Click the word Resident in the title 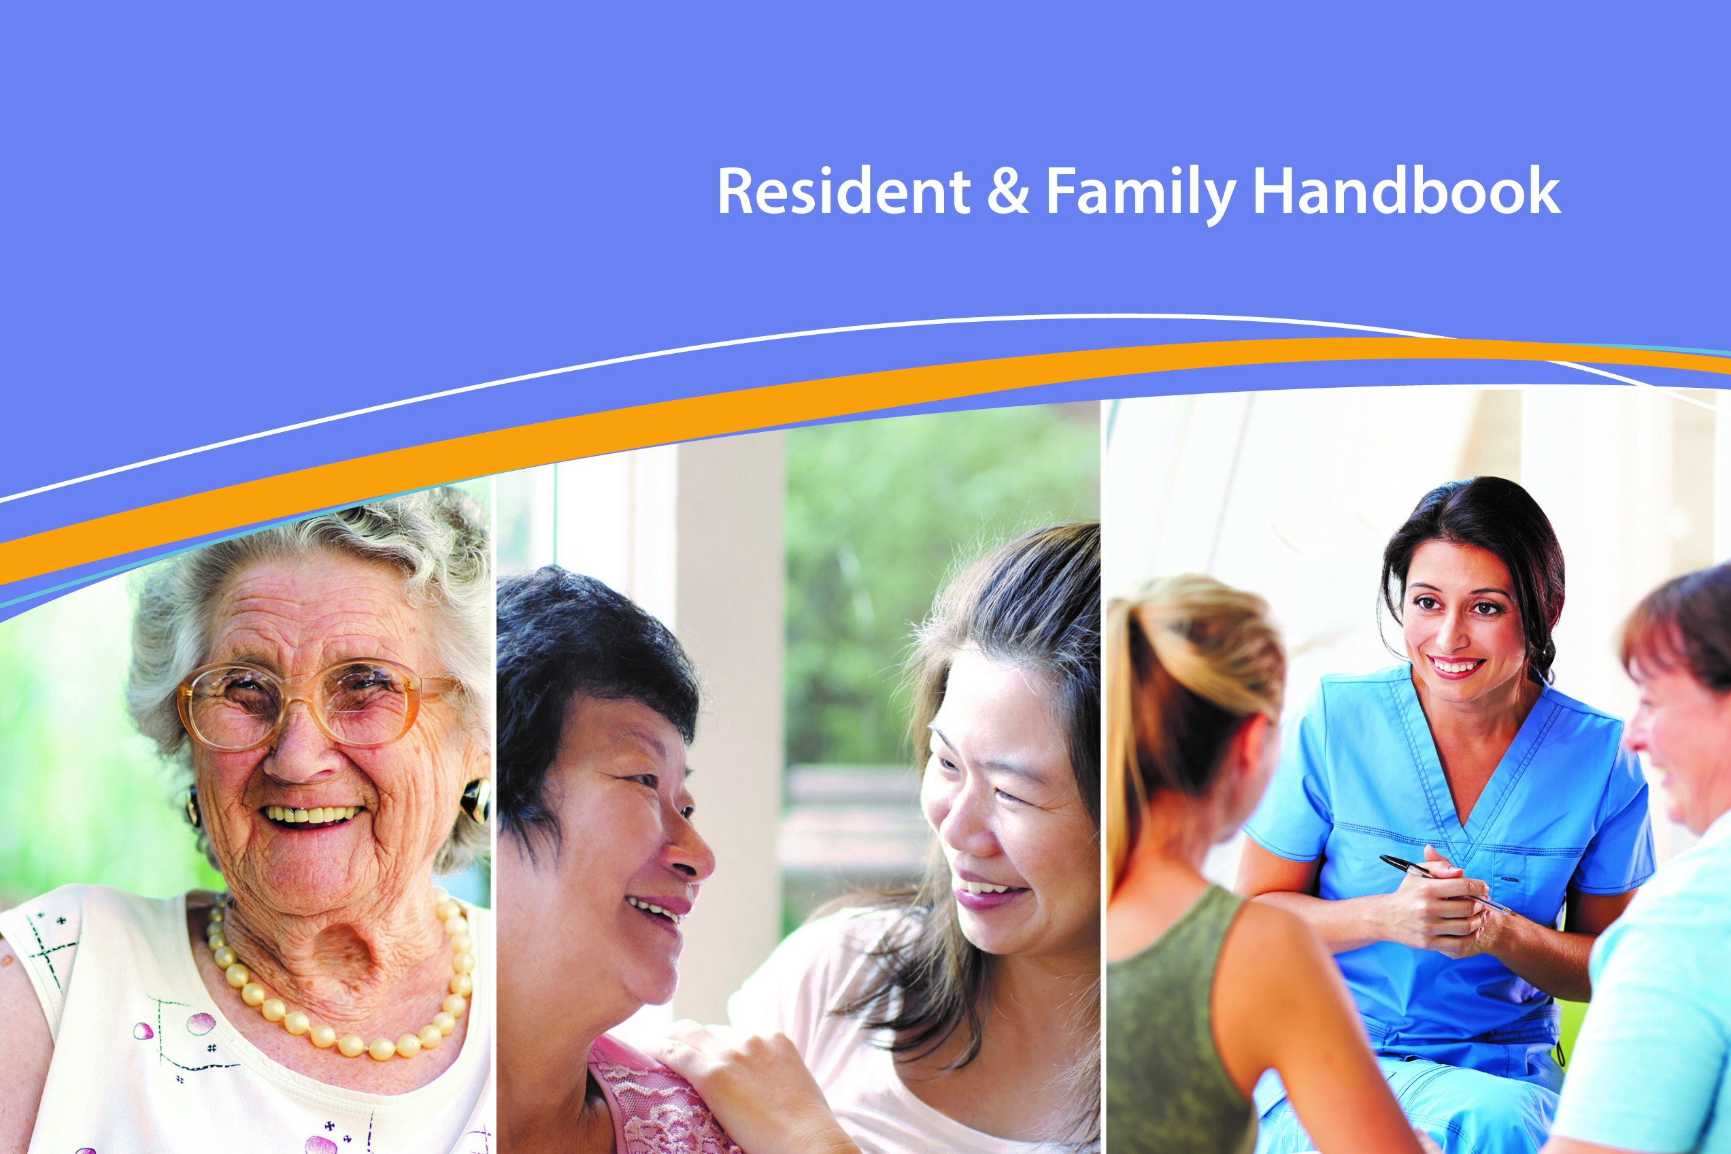[844, 191]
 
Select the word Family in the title [1140, 193]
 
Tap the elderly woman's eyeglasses [309, 703]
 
